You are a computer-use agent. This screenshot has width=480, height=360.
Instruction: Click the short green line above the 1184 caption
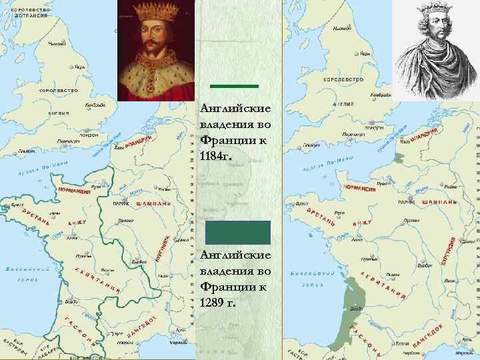234,86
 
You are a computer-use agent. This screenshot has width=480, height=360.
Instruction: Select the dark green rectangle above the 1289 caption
237,233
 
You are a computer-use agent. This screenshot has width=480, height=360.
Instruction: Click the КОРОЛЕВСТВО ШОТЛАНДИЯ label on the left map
28,12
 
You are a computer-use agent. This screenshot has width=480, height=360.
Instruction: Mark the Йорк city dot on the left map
72,67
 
